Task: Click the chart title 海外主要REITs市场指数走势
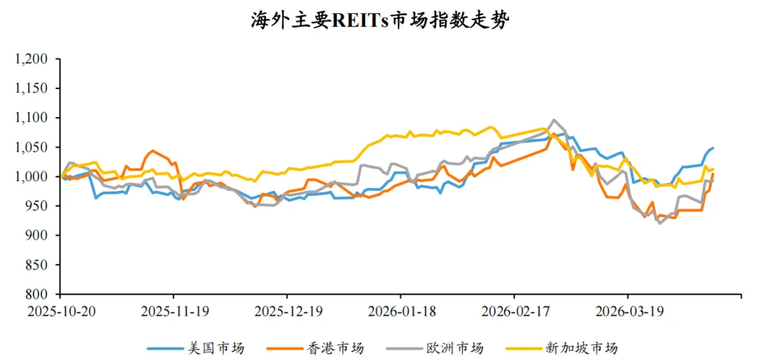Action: click(x=380, y=20)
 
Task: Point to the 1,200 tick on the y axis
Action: click(x=33, y=60)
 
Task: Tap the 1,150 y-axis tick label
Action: click(x=33, y=89)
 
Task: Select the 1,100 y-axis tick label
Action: click(x=33, y=119)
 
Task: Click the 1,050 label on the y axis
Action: click(x=33, y=148)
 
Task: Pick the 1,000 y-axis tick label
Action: click(x=33, y=177)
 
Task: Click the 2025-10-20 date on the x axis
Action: click(x=60, y=310)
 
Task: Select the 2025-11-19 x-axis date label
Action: click(x=173, y=310)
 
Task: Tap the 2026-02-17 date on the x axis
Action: click(x=514, y=310)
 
